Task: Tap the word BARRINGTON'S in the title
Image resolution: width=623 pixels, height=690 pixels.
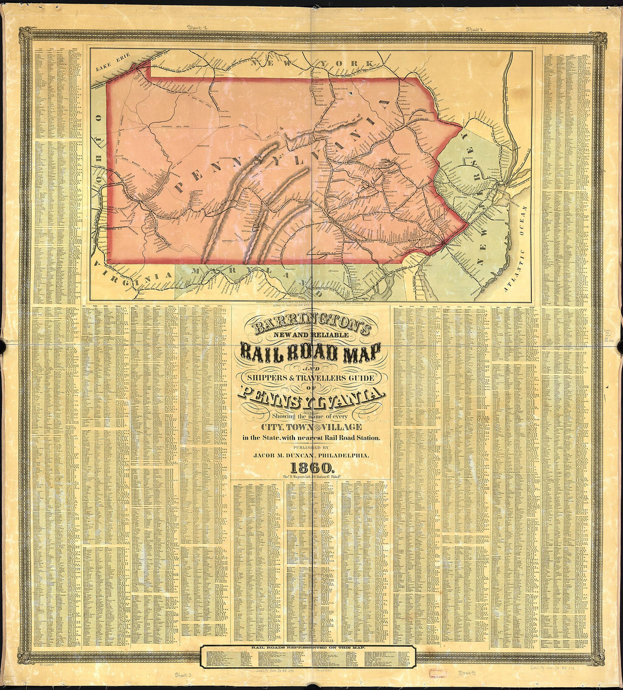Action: (306, 327)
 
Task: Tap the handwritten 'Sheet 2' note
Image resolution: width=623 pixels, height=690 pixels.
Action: (476, 28)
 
